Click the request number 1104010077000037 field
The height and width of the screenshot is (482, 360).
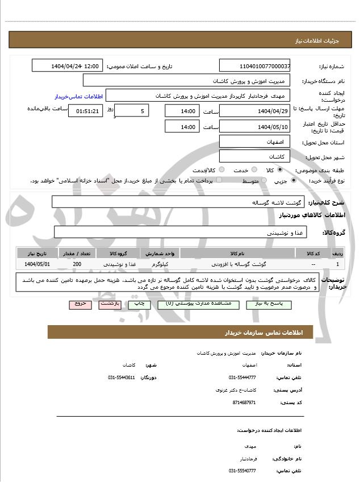click(255, 66)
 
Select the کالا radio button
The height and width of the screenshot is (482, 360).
click(279, 170)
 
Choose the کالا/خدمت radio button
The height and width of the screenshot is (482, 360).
click(221, 170)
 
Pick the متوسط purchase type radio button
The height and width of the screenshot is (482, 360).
click(263, 181)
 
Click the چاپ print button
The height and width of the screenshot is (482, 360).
click(139, 304)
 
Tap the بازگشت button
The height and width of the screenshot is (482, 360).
click(109, 304)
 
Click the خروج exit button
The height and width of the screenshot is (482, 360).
click(80, 304)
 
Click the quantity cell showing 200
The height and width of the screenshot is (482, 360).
click(77, 264)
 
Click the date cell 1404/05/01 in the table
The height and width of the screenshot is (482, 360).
click(37, 264)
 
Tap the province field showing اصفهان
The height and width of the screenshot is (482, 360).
click(254, 141)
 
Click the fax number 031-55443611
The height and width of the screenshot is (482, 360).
click(122, 377)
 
